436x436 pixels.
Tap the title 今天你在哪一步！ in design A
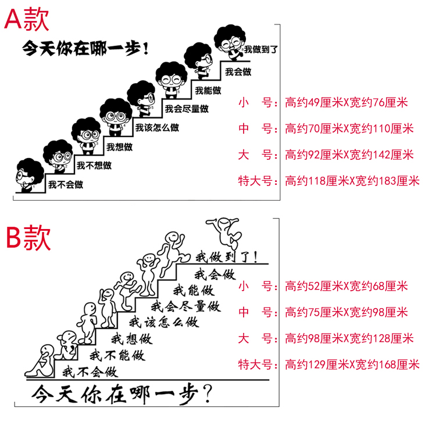[88, 47]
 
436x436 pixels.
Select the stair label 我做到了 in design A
[260, 49]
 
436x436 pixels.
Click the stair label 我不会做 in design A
[65, 185]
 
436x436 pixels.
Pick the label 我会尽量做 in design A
[186, 109]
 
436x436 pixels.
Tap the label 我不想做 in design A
[94, 166]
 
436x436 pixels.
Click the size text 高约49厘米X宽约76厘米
[346, 103]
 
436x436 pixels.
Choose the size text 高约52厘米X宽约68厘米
[346, 286]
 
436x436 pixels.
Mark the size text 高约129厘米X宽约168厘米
[352, 365]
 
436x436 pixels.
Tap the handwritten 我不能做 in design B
[116, 355]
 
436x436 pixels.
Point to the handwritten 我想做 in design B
[131, 338]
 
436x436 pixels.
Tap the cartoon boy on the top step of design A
[229, 41]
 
